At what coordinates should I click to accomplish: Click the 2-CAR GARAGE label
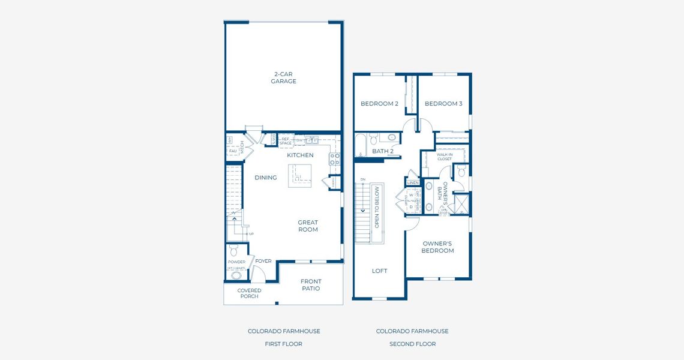click(283, 78)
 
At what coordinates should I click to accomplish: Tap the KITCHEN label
click(300, 155)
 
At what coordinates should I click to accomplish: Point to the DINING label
click(265, 178)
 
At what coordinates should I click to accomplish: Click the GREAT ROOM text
click(308, 226)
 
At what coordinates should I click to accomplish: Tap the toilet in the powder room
click(233, 250)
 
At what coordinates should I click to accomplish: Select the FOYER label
click(263, 262)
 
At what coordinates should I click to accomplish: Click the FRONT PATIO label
click(311, 285)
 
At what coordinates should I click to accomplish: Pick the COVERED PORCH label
click(249, 293)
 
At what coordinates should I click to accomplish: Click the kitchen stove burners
click(334, 159)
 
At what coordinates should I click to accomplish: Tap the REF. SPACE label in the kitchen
click(286, 141)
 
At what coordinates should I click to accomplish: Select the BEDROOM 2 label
click(379, 104)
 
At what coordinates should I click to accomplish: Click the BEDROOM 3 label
click(443, 104)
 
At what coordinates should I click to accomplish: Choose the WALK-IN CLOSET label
click(444, 157)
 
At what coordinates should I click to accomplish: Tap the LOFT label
click(379, 271)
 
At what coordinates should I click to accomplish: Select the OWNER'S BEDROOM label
click(438, 247)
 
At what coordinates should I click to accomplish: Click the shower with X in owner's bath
click(461, 203)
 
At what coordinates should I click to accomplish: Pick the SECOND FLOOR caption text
click(412, 344)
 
